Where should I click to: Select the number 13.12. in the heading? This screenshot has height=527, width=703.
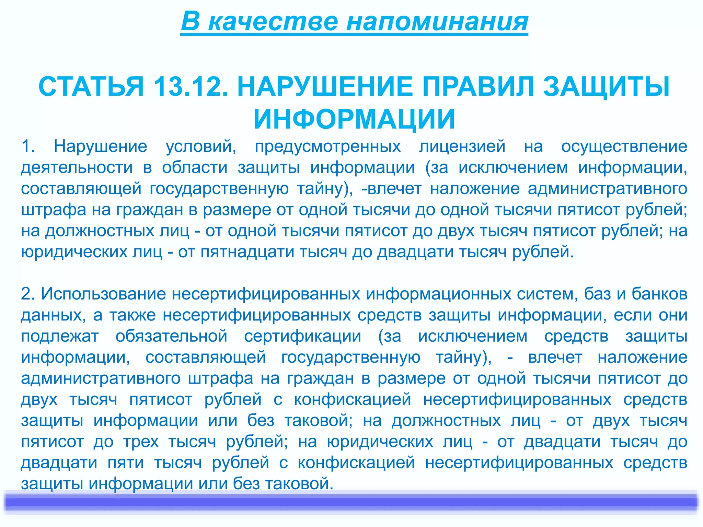tap(191, 86)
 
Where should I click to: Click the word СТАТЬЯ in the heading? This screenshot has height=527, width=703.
tap(91, 86)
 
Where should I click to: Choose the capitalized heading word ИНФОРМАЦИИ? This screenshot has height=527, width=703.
tap(354, 119)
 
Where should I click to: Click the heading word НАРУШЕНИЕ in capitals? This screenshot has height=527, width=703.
tap(325, 86)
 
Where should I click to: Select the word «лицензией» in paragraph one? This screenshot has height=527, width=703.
tap(462, 147)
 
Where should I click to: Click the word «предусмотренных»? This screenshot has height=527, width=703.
tap(328, 147)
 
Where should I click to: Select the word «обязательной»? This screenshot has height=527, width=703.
tap(171, 336)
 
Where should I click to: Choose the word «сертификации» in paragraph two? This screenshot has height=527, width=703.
tap(302, 336)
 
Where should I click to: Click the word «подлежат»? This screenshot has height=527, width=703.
tap(60, 336)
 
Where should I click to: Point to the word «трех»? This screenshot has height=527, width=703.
tap(141, 442)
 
